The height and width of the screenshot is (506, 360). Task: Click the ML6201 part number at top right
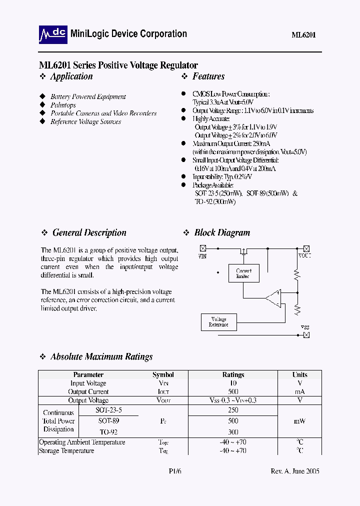pos(303,35)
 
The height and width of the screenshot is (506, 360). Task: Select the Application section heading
pos(71,76)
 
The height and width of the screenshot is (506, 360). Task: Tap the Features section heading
pos(208,76)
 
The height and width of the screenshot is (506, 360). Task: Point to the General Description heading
pos(89,232)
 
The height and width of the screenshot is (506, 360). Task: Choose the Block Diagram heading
pos(222,232)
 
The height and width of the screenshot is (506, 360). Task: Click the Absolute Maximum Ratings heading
pos(101,357)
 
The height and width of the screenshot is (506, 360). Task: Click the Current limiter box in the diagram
pos(243,273)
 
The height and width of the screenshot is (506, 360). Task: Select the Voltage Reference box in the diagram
pos(218,322)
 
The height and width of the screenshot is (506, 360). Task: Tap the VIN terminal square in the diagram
pos(203,248)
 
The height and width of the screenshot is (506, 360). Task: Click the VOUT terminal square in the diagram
pos(306,248)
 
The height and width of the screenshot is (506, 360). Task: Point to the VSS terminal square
pos(306,335)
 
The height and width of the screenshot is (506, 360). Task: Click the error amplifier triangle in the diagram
pos(274,298)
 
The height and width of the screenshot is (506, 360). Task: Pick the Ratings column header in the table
pos(233,374)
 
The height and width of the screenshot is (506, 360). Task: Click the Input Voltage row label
pos(88,383)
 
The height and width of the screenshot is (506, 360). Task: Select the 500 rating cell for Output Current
pos(233,392)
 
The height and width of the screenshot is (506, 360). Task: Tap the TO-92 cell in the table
pos(108,431)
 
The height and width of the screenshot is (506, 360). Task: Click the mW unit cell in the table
pos(300,421)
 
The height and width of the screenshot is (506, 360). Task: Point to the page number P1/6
pos(174,471)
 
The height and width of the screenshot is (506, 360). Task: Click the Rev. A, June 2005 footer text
pos(294,471)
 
